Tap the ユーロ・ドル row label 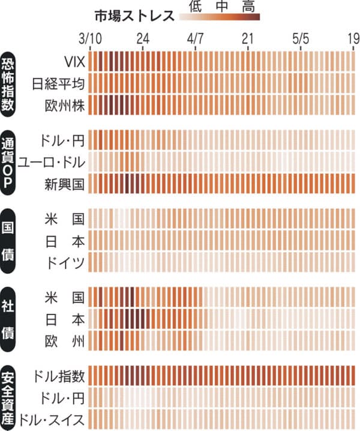(52, 161)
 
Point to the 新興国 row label (66, 182)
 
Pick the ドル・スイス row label (52, 418)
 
